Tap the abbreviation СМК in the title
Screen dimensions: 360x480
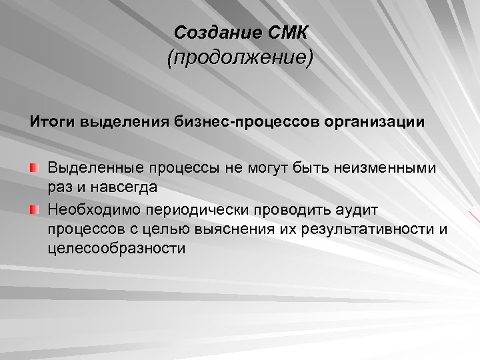(283, 32)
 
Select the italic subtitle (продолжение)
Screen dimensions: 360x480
(240, 59)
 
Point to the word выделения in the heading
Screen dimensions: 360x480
(123, 123)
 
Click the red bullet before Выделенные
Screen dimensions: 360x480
(34, 166)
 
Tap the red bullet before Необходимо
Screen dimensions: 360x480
(34, 210)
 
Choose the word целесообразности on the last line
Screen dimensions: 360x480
(116, 249)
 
